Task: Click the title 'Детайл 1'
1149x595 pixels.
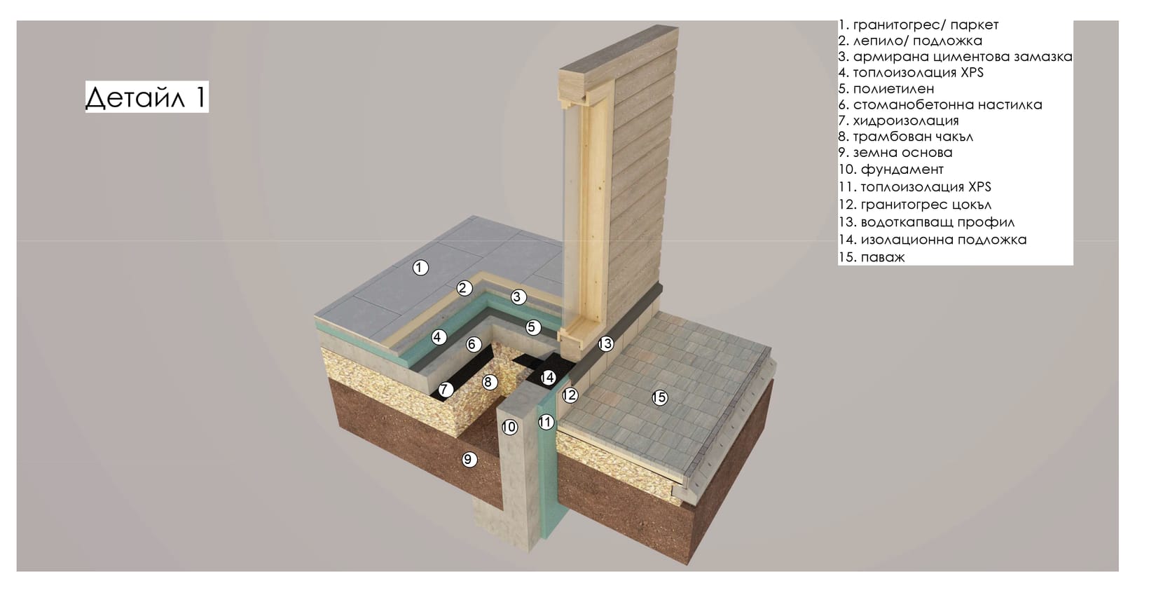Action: [x=146, y=97]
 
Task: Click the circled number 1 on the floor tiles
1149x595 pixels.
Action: [x=420, y=268]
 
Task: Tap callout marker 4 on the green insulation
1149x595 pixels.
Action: [x=438, y=337]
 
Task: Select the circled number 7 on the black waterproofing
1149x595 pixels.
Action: [x=445, y=390]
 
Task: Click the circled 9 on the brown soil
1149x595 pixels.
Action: [x=467, y=459]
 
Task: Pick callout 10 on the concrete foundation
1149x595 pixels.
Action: [x=509, y=427]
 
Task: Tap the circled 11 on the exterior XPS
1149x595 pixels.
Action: [x=546, y=422]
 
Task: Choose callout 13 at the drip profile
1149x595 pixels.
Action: [x=605, y=343]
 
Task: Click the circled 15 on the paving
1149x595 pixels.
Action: [x=660, y=397]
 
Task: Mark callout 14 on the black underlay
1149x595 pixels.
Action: [x=548, y=378]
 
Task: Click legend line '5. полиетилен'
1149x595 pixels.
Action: [x=886, y=89]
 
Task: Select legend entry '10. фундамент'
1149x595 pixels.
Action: [x=891, y=170]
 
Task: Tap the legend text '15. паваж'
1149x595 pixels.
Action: [x=872, y=257]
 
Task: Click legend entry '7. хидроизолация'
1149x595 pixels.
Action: [x=898, y=121]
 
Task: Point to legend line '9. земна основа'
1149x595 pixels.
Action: [x=895, y=152]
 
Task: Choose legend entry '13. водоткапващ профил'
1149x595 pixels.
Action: [x=926, y=222]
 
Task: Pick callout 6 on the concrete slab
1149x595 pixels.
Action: [x=473, y=344]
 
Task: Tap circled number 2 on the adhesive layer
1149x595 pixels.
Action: [x=464, y=288]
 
